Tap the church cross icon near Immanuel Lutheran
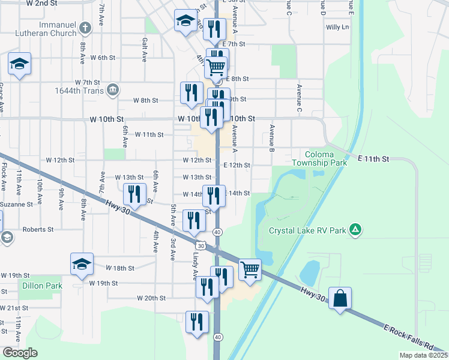click(x=85, y=28)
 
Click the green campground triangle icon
click(x=355, y=229)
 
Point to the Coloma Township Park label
click(x=319, y=158)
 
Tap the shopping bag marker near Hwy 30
click(x=340, y=298)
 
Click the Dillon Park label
click(x=42, y=286)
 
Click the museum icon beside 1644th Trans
click(x=112, y=91)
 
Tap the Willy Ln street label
click(x=337, y=27)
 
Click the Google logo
click(x=20, y=353)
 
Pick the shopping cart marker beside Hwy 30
click(x=250, y=269)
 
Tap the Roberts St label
click(x=38, y=229)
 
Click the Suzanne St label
click(x=17, y=204)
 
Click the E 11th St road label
click(x=374, y=158)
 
